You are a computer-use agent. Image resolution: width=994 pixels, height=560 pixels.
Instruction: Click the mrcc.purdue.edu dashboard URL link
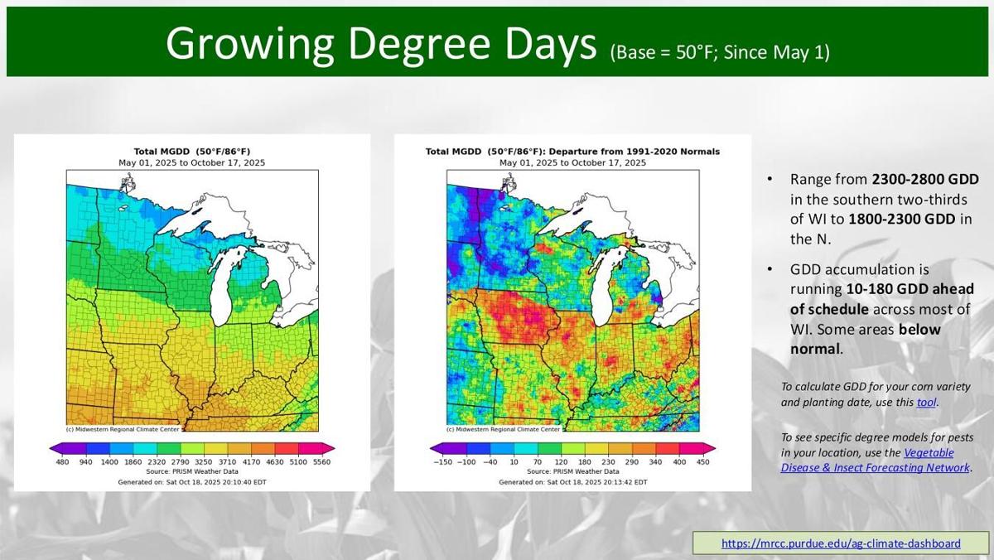point(841,543)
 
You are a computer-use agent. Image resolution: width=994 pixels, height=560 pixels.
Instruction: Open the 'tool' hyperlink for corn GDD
point(926,402)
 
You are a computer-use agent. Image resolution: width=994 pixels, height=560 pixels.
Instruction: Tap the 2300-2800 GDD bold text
point(925,180)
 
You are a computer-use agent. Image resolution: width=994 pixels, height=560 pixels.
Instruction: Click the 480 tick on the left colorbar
point(62,461)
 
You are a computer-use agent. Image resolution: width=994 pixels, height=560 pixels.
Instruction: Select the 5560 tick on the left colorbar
point(323,461)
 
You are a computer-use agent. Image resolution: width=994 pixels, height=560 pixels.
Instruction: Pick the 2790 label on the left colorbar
point(181,461)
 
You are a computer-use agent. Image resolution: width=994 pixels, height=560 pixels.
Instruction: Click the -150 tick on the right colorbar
point(443,461)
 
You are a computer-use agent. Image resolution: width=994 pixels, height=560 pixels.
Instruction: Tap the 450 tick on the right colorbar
point(702,461)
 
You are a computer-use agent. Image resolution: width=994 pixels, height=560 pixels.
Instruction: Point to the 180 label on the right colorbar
point(585,461)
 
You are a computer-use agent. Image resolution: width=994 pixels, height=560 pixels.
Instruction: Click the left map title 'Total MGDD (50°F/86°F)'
point(192,152)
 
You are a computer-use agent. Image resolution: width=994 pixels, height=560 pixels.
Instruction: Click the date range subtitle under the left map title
point(192,162)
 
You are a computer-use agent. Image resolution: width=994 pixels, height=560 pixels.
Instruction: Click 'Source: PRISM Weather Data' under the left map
point(192,471)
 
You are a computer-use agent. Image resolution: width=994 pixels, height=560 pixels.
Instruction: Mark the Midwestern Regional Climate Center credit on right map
point(503,429)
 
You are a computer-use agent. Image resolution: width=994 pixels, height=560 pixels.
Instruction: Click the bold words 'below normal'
point(866,340)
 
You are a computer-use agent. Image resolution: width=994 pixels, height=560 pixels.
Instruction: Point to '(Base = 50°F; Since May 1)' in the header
point(719,52)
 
